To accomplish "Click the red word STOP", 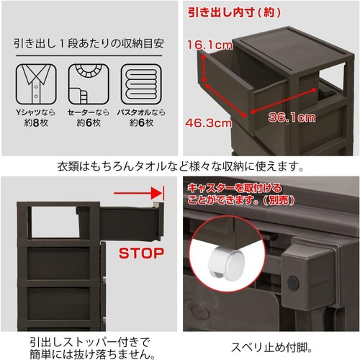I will (x=142, y=253).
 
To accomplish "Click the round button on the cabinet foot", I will (x=293, y=282).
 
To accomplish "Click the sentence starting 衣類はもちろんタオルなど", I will (x=180, y=166).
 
